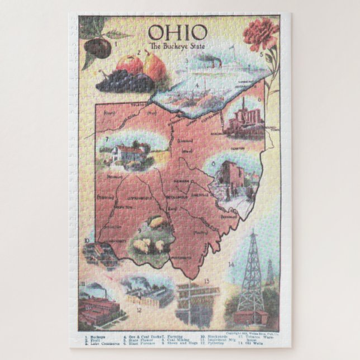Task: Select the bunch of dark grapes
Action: coord(124,82)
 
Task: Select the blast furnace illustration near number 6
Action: coord(243,119)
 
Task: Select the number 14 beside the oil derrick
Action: coord(231,263)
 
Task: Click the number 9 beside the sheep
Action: coord(139,229)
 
